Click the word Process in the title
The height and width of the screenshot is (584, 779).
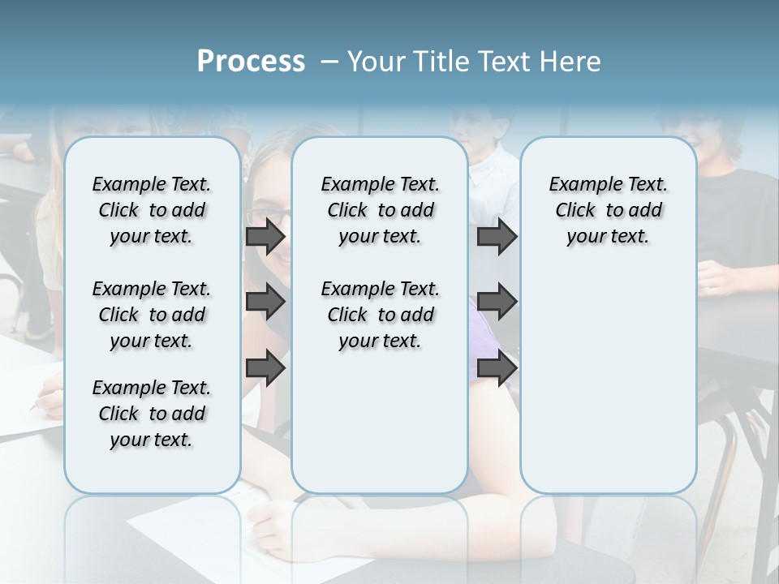251,62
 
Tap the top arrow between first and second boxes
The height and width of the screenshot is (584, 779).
265,237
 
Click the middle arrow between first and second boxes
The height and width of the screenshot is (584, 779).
265,303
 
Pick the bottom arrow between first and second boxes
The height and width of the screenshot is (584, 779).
265,367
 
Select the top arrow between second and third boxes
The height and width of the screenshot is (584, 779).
497,237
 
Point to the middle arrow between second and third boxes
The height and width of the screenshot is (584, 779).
497,303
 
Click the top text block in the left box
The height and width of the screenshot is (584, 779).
152,210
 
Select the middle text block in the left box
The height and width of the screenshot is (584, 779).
152,315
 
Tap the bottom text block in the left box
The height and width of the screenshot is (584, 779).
152,414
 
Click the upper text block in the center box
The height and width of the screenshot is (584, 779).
381,210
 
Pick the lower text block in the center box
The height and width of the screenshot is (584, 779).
381,315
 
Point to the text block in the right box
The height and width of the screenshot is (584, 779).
609,210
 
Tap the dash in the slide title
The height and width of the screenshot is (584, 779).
329,62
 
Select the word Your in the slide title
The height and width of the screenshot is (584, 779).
373,62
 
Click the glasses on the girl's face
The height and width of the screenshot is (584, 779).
268,217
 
